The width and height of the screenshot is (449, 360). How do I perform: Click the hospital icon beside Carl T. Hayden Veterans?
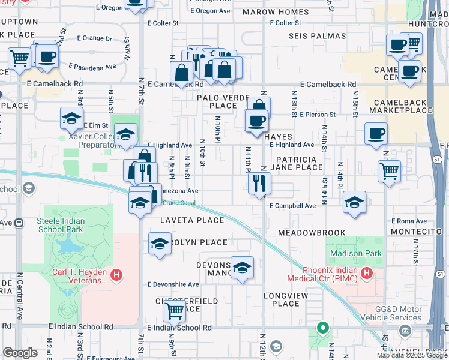(x=117, y=275)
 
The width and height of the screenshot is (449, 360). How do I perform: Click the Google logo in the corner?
(x=20, y=353)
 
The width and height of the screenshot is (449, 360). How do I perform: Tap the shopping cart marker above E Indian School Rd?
(x=174, y=310)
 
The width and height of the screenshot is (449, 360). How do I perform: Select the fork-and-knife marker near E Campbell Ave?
(x=259, y=182)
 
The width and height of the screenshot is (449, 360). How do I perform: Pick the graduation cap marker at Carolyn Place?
(x=159, y=244)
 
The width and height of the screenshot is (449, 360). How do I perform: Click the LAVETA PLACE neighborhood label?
(x=191, y=220)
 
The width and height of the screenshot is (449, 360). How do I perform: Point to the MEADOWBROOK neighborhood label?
(x=312, y=232)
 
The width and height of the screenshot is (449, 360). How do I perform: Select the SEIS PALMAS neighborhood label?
(x=318, y=37)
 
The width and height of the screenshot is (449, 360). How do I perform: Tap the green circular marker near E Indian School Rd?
(x=322, y=328)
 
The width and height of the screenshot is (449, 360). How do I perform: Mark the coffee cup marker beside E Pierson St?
(x=256, y=121)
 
